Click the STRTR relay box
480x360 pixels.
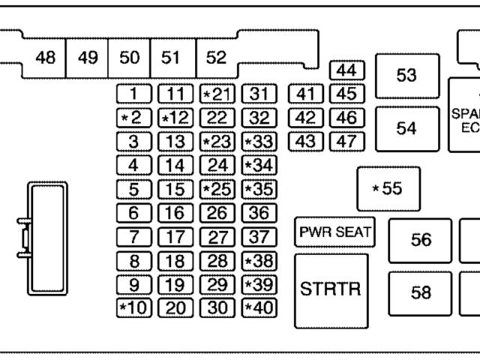[331, 290]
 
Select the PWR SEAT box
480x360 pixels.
[334, 232]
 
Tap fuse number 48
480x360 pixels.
[45, 58]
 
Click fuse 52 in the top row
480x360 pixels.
[216, 58]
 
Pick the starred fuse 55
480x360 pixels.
[388, 188]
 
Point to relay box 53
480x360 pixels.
[406, 76]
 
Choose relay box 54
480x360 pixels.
[406, 128]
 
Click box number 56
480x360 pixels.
[421, 240]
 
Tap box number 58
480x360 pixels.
[421, 292]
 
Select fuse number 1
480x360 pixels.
[133, 94]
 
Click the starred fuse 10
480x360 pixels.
[133, 307]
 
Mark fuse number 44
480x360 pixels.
[346, 70]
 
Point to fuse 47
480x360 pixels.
[346, 140]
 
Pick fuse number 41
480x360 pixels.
[305, 94]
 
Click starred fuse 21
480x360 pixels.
[217, 94]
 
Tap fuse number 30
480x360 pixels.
[217, 307]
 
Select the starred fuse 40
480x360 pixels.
[259, 307]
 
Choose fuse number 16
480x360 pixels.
[175, 213]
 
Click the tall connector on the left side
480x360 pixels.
[46, 237]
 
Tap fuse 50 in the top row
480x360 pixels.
[129, 58]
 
